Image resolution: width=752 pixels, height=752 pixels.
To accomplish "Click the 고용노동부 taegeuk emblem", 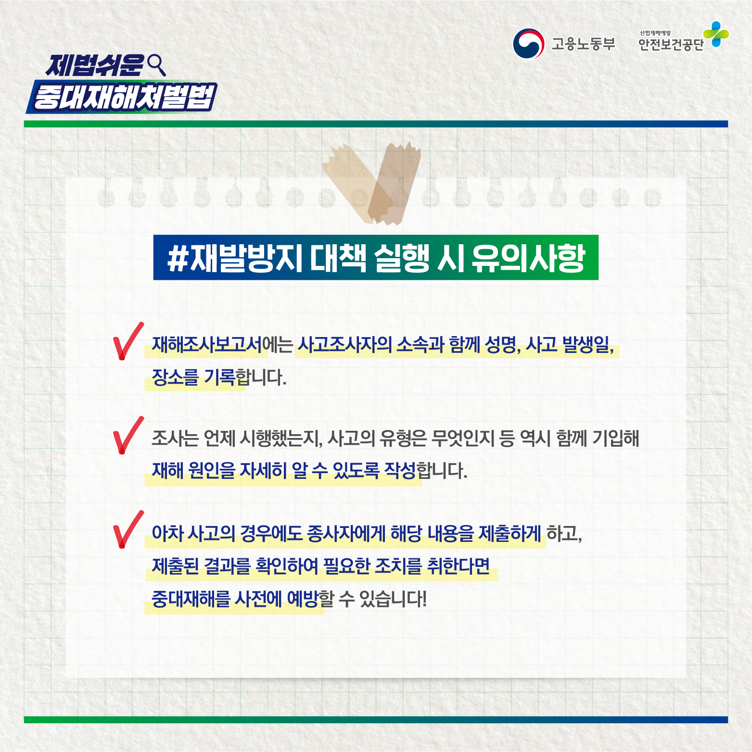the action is [x=528, y=43].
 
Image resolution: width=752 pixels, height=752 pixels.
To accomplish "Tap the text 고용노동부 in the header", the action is [x=584, y=44].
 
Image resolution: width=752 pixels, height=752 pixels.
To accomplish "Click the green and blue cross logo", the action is [x=716, y=34].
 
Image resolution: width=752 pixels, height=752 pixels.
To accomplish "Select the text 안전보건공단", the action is [x=671, y=45].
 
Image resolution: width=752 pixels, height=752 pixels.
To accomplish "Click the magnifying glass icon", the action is [x=157, y=65].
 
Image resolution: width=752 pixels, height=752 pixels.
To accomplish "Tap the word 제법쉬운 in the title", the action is [x=95, y=65].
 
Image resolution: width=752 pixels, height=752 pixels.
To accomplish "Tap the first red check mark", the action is [x=127, y=341].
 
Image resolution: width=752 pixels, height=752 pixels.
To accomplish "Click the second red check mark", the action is [x=127, y=435].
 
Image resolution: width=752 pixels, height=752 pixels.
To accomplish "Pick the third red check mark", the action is [x=127, y=529].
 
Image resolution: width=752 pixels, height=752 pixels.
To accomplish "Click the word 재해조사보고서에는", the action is [x=222, y=345].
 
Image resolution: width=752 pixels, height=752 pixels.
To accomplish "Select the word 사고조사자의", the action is [x=344, y=345].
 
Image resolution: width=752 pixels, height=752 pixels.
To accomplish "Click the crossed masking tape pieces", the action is [x=372, y=183].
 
